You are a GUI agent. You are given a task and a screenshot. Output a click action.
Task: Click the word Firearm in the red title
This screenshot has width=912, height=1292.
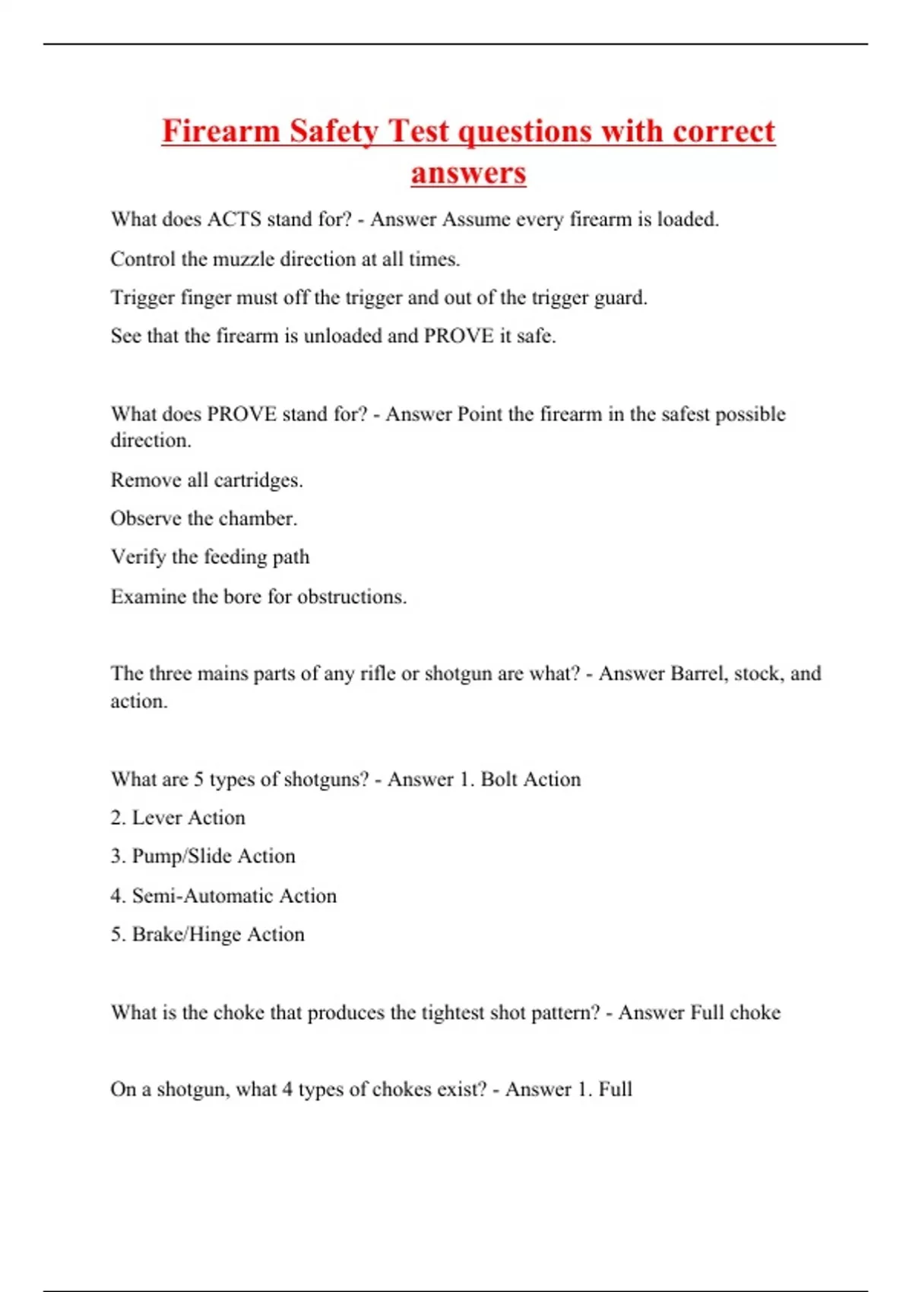[x=221, y=131]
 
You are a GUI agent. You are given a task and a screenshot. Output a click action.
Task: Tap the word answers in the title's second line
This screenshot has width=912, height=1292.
[x=468, y=173]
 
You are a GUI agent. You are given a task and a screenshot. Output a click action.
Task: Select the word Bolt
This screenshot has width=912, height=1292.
[x=499, y=779]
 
